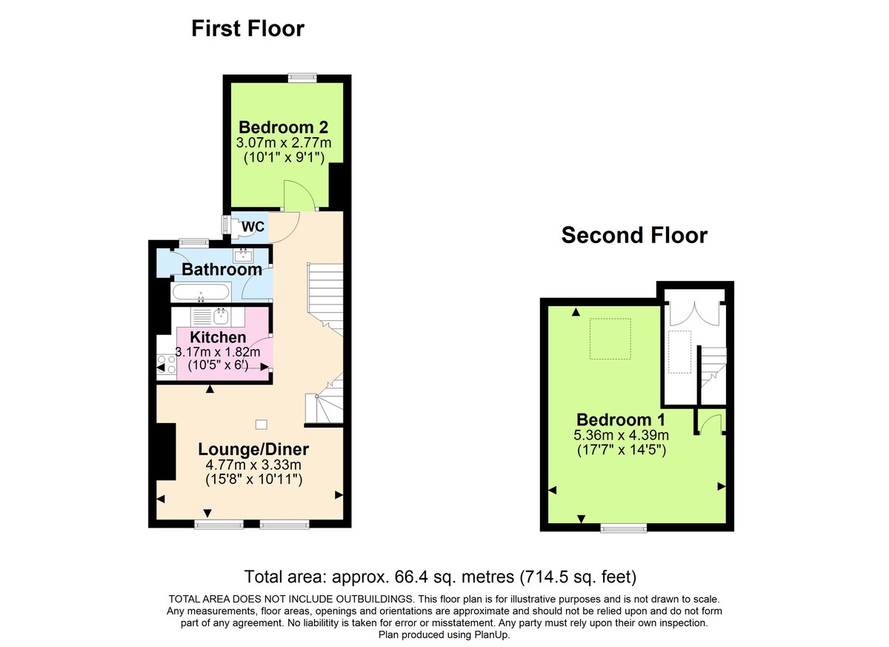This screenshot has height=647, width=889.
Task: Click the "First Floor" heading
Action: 247,29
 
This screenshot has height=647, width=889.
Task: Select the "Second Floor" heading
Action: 634,236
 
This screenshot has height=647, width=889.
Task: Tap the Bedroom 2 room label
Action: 284,127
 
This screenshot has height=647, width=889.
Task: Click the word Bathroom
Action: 222,270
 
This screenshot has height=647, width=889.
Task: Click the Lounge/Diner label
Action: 253,450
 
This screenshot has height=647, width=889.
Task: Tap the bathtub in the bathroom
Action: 200,292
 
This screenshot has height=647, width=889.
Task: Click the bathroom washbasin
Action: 244,256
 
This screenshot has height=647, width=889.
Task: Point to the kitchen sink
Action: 221,317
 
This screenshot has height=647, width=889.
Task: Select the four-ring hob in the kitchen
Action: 166,364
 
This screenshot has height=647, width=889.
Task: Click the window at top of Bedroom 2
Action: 302,76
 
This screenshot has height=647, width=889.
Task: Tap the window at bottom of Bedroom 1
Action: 623,528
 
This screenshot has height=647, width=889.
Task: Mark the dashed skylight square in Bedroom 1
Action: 610,339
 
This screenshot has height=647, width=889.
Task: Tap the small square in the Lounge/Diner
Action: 261,424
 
